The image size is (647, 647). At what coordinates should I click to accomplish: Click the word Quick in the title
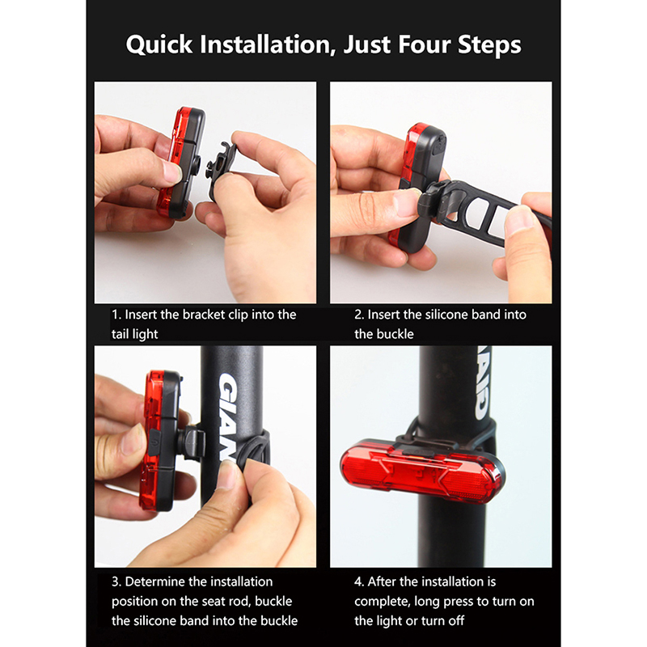(159, 44)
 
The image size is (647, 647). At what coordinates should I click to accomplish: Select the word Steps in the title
(489, 45)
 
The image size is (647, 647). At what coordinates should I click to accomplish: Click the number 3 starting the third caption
(116, 581)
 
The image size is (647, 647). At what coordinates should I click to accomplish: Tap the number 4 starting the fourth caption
(358, 581)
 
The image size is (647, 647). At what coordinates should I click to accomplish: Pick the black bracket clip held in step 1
(221, 169)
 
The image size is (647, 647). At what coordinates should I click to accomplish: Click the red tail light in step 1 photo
(181, 163)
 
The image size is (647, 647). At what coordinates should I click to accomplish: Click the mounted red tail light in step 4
(421, 472)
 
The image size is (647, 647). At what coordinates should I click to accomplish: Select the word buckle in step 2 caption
(393, 334)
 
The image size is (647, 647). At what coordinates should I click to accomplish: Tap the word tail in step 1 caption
(120, 334)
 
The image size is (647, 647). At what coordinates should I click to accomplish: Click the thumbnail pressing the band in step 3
(226, 476)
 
